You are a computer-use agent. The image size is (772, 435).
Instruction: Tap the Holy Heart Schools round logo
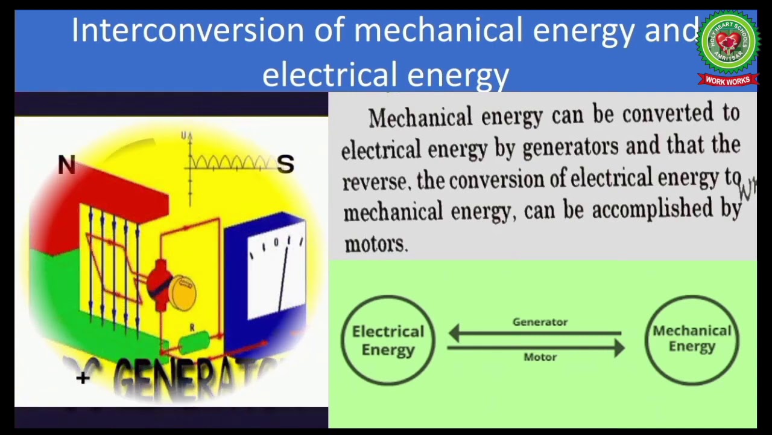728,42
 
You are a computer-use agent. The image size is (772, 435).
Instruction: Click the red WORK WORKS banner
727,80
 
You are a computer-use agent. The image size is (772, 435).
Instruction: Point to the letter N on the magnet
67,166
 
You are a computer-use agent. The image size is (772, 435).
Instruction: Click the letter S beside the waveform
286,164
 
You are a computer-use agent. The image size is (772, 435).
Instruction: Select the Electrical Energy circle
388,340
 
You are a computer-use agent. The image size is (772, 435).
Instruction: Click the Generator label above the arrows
540,322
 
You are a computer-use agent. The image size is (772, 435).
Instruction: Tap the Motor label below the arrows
540,357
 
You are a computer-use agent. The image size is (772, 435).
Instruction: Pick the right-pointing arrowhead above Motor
619,347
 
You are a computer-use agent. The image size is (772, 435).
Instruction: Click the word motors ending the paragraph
375,243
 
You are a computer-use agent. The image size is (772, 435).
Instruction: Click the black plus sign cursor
83,378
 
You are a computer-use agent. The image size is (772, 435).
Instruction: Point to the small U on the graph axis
183,136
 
